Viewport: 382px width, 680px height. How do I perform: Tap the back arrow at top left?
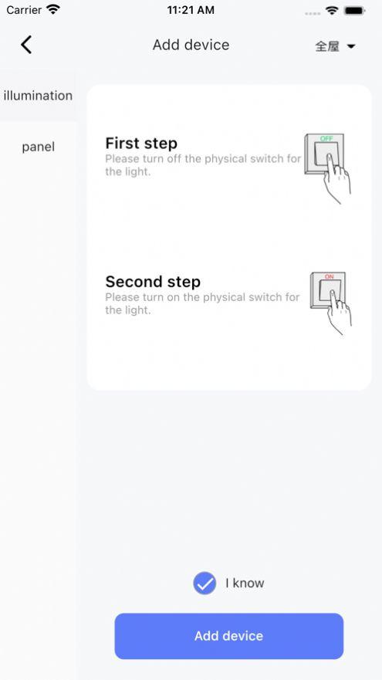point(26,45)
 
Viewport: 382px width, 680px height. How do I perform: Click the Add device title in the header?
point(191,45)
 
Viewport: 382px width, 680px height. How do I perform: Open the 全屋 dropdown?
point(335,46)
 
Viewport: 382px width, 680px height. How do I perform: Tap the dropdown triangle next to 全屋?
point(351,46)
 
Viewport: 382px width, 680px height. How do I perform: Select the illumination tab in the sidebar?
point(38,96)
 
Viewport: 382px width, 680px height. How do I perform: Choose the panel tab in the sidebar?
point(38,147)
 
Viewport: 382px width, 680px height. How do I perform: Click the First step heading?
point(141,143)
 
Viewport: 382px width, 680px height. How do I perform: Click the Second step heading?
point(153,282)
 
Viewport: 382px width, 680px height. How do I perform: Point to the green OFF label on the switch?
point(326,138)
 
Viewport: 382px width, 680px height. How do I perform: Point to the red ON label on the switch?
point(329,276)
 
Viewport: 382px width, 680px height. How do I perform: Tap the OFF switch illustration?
point(327,167)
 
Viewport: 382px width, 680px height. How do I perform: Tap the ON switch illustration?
point(330,303)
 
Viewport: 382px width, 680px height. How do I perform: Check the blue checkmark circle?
point(205,583)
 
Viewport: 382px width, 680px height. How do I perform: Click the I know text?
point(245,583)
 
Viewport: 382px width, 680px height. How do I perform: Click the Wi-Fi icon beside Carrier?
point(53,9)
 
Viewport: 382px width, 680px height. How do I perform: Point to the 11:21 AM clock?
point(191,10)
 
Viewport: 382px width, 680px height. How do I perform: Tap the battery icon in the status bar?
point(354,11)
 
